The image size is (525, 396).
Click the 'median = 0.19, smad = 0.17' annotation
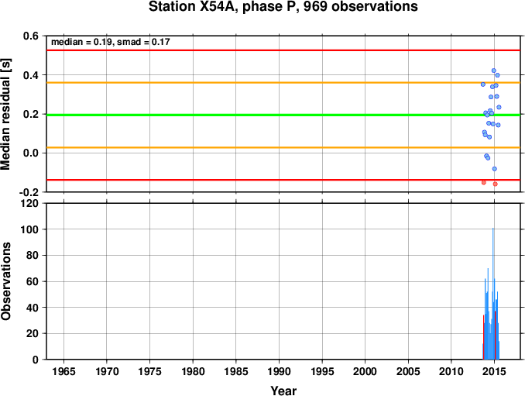point(111,42)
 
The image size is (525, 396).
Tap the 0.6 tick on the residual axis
point(30,36)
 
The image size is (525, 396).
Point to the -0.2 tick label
point(29,192)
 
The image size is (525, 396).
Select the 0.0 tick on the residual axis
point(30,153)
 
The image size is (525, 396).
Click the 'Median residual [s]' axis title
point(5,114)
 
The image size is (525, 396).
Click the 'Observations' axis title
point(5,281)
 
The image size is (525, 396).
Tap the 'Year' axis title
point(283,391)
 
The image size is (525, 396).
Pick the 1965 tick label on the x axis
point(63,371)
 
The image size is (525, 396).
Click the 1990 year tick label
point(279,371)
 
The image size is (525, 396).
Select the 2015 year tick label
point(495,371)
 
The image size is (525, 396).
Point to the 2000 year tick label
point(365,371)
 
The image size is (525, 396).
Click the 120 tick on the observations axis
point(29,203)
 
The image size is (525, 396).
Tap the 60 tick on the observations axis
point(33,281)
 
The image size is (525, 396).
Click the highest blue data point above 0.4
point(493,71)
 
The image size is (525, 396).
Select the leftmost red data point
point(483,183)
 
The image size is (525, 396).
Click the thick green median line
point(283,115)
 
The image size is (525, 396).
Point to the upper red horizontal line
point(283,50)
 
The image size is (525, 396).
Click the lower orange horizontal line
point(283,147)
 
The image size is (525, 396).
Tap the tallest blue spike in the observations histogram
point(492,294)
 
